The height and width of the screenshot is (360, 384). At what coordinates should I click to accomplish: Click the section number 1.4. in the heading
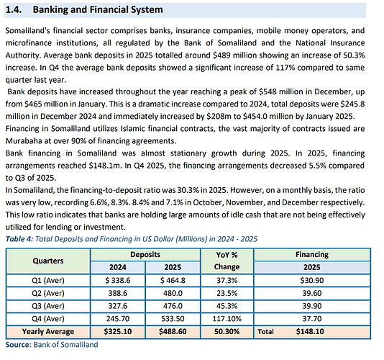[x=14, y=10]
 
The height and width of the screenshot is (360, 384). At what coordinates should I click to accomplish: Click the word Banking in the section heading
[x=50, y=10]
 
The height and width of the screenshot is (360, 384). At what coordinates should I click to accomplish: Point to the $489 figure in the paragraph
[x=221, y=55]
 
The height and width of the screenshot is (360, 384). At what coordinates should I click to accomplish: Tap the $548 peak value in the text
[x=268, y=91]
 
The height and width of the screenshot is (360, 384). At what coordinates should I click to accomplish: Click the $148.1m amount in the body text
[x=105, y=166]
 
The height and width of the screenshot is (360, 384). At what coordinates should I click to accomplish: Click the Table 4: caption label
[x=19, y=239]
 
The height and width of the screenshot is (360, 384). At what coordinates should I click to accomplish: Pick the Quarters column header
[x=48, y=261]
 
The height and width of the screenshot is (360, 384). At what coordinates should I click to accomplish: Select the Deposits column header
[x=145, y=255]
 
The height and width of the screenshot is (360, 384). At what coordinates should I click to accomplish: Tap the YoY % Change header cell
[x=227, y=261]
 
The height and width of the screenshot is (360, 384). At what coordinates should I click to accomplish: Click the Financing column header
[x=312, y=255]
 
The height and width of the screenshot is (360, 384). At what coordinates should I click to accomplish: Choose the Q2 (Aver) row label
[x=48, y=293]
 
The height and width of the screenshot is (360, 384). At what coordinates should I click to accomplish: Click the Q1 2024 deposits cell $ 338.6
[x=118, y=280]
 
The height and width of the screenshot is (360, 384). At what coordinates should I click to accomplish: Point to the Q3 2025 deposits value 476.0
[x=173, y=306]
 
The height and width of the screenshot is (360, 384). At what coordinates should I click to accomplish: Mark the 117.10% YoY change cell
[x=227, y=319]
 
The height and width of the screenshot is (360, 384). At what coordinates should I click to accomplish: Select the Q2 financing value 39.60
[x=312, y=293]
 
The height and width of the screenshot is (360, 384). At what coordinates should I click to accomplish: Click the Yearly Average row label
[x=48, y=331]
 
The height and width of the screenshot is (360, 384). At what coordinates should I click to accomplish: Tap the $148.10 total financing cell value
[x=310, y=331]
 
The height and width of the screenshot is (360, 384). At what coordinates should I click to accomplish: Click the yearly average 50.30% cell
[x=227, y=331]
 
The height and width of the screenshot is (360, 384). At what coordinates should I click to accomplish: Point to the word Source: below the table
[x=19, y=345]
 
